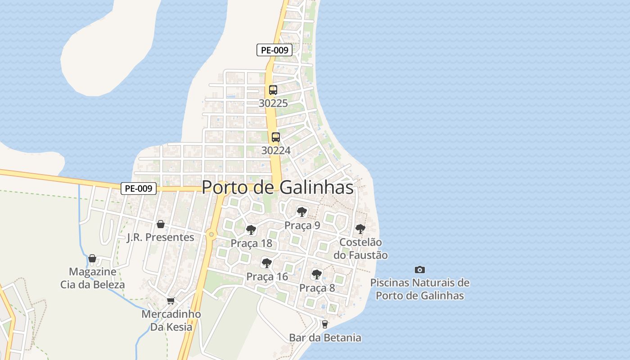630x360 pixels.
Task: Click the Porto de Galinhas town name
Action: pos(278,187)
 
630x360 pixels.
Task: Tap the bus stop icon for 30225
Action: pos(273,90)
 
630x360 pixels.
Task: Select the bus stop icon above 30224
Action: pos(276,137)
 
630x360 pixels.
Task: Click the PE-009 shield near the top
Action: pos(274,50)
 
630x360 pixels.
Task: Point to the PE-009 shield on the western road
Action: pos(139,189)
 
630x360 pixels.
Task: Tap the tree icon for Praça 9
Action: pos(302,211)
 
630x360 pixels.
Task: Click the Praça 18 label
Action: pos(252,243)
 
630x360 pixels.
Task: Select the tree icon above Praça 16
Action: pos(267,263)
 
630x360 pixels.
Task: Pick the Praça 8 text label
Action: pos(317,288)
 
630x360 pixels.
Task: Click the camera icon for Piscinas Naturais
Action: pos(420,270)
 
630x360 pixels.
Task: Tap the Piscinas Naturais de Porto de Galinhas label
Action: pos(420,289)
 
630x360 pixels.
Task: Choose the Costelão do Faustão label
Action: pos(360,248)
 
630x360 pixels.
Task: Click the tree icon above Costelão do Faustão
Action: pos(360,229)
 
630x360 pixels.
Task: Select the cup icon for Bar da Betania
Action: pos(324,324)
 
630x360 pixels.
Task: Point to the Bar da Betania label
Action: pos(325,337)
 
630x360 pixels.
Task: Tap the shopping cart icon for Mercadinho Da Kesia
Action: pos(171,301)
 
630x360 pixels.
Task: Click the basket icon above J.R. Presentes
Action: pos(161,224)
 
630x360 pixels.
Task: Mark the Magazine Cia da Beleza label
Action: pos(93,278)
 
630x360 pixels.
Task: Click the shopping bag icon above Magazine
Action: pos(92,258)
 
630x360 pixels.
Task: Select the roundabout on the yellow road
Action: pos(211,234)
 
